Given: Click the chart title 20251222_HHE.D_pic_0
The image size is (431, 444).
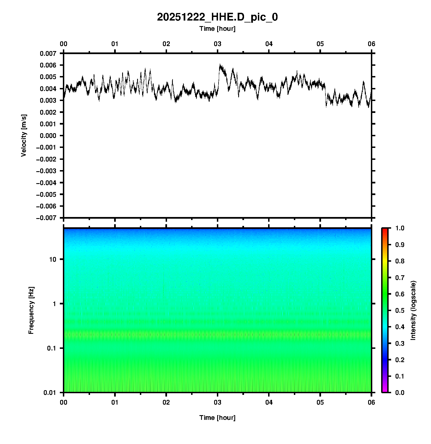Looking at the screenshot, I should point(217,17).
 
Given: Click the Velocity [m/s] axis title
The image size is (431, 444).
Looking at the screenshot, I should point(24,135).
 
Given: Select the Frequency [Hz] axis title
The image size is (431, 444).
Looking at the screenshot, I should point(31,310).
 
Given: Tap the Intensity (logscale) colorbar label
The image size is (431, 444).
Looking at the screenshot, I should point(413,310).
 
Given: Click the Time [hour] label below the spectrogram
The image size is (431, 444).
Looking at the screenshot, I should point(217,418).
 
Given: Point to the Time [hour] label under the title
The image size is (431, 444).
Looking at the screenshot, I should point(217,29).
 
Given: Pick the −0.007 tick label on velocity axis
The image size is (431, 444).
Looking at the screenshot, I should point(46,218).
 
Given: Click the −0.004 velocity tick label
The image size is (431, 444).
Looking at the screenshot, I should point(46,183).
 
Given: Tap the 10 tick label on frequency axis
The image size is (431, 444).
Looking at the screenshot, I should point(52,259).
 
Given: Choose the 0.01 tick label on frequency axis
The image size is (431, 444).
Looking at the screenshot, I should point(50,392).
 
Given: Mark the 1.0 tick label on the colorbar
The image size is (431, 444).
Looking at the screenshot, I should point(400,228).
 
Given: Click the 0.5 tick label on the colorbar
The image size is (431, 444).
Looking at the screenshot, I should point(400,310).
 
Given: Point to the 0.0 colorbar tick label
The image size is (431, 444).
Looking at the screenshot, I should point(400,392).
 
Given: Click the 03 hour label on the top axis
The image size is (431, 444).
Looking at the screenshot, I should point(217,44).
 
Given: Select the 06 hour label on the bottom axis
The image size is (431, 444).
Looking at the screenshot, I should point(371,402).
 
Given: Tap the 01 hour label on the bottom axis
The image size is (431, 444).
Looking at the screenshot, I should point(115,402).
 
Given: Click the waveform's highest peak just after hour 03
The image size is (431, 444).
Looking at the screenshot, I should point(220,65).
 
